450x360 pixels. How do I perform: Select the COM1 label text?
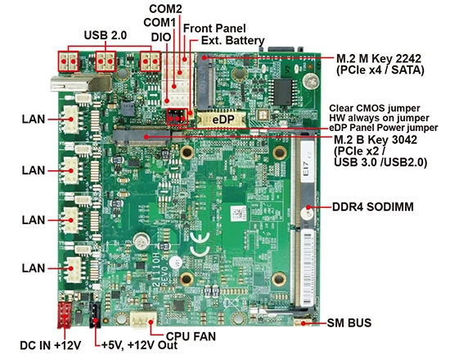pos(160,22)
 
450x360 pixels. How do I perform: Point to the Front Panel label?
pos(214,28)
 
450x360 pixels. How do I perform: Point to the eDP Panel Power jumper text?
pos(385,128)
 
